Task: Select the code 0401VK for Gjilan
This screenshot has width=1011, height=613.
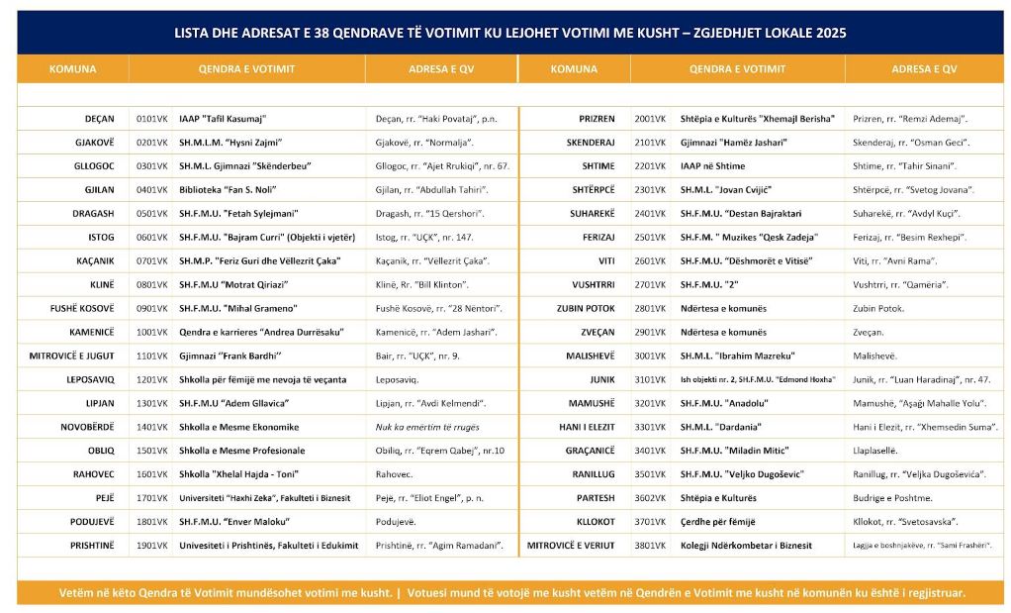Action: tap(152, 189)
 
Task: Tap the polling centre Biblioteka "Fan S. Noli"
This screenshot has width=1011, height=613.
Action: tap(229, 189)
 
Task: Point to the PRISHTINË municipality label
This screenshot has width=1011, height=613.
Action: tap(92, 545)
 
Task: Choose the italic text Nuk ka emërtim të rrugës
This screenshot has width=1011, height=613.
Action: tap(427, 427)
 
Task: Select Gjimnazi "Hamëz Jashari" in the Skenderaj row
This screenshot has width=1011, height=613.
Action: tap(734, 142)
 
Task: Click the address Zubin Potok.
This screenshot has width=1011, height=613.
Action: tap(878, 308)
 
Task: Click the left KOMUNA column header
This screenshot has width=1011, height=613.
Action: tap(72, 69)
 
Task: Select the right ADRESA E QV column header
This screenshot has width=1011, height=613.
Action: tap(924, 69)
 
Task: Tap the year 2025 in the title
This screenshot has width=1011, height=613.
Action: tap(826, 33)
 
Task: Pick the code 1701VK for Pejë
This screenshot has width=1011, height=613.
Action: tap(152, 498)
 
